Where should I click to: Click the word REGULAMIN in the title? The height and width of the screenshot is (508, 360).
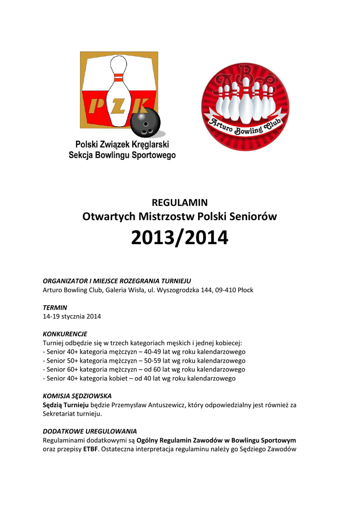179,202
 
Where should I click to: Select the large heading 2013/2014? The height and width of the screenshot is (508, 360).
180,239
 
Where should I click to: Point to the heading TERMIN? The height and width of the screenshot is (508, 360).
55,308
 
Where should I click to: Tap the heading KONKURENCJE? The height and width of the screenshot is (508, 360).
65,334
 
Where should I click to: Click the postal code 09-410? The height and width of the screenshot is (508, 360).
224,290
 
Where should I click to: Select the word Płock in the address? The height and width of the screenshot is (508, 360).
245,290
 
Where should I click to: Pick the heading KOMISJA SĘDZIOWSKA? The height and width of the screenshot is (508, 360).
77,396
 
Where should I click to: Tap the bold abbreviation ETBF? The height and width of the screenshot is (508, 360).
90,449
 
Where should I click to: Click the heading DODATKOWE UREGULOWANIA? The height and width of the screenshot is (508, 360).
90,431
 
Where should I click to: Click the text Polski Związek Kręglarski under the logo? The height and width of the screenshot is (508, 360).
122,144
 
